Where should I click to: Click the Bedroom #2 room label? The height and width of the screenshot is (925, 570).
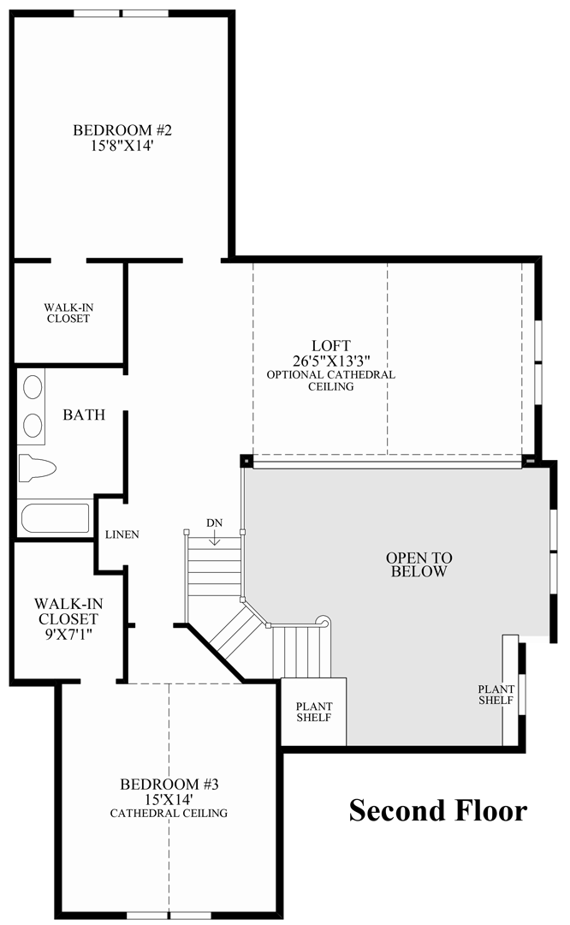coord(122,131)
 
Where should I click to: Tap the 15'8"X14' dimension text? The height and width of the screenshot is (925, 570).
coord(122,146)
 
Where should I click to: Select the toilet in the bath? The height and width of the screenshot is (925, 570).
coord(38,467)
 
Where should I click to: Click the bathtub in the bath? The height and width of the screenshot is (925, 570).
coord(55,518)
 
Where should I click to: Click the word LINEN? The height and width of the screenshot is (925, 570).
coord(122,534)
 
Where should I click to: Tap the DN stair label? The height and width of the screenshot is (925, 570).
coord(214,522)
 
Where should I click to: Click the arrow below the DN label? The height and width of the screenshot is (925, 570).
coord(214,539)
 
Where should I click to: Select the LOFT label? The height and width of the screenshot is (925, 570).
coord(330,345)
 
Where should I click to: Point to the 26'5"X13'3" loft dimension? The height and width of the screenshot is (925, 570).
coord(330,360)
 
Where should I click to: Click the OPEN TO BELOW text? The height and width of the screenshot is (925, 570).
coord(417,564)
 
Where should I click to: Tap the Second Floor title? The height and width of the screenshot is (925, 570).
coord(437,809)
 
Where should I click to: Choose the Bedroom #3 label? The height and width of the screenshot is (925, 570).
coord(169,784)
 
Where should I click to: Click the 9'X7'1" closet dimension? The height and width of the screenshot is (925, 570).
coord(66,633)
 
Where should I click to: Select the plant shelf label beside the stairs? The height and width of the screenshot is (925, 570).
coord(313,712)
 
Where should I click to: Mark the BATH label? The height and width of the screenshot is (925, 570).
coord(84,415)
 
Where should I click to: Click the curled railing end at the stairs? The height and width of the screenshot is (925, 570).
coord(322,621)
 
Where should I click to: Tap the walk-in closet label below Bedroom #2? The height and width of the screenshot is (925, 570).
coord(68,313)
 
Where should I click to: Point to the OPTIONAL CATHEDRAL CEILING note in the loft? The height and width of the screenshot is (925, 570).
coord(330,380)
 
